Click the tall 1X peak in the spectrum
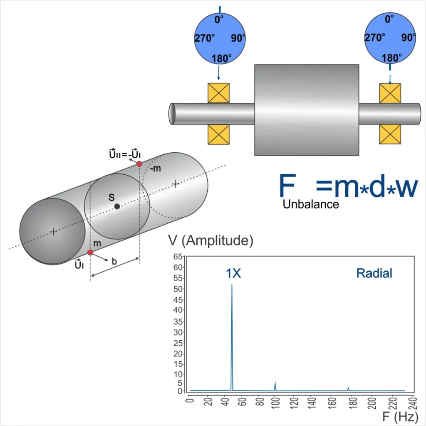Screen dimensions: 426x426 [232, 337]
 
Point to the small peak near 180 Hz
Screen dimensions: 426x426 [348, 389]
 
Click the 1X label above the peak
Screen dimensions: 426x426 [233, 273]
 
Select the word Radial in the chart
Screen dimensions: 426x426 [374, 273]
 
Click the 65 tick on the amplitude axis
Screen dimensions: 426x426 [178, 257]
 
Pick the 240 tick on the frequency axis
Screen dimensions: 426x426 [413, 403]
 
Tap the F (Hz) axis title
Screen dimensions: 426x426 [400, 416]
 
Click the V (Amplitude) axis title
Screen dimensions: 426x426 [211, 240]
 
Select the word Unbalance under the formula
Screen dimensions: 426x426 [310, 204]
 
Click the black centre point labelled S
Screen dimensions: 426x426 [117, 206]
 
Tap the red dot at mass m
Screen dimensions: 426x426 [90, 253]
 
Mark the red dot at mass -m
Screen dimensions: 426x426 [139, 164]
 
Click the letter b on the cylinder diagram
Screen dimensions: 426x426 [114, 261]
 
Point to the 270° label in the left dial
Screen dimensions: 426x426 [205, 38]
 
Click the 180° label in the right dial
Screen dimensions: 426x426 [391, 58]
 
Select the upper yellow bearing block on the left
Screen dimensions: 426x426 [218, 93]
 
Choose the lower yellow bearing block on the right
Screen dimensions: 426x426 [390, 134]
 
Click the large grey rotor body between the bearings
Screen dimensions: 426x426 [307, 110]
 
